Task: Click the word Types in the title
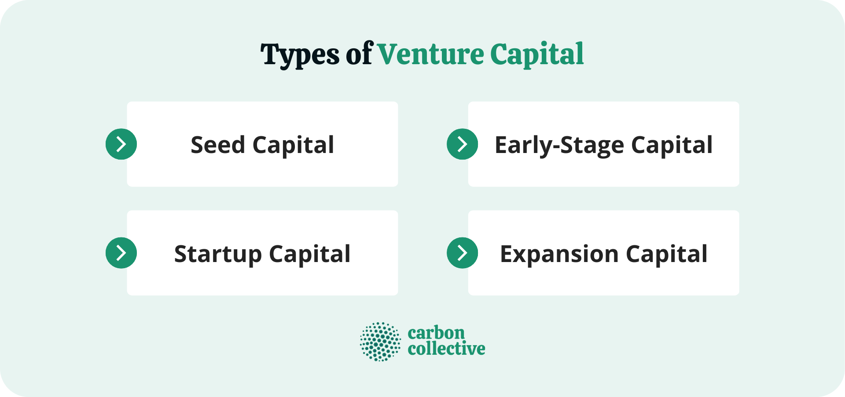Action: tap(300, 55)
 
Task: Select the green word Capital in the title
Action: tap(537, 55)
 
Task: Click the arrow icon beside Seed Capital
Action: tap(121, 144)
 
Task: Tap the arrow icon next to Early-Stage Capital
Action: tap(462, 144)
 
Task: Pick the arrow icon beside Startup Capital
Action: tap(121, 253)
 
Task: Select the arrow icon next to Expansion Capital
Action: tap(462, 253)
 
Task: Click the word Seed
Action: tap(217, 145)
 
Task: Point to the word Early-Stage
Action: tap(559, 145)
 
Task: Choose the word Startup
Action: tap(217, 254)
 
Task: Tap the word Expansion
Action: tap(559, 254)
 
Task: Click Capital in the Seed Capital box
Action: tap(293, 145)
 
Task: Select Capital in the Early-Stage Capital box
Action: tap(672, 145)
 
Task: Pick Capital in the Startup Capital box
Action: tap(310, 254)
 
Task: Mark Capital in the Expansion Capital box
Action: tap(666, 254)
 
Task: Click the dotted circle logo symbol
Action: tap(380, 342)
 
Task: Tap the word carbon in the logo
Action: tap(436, 333)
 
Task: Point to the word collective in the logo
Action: tap(446, 349)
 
